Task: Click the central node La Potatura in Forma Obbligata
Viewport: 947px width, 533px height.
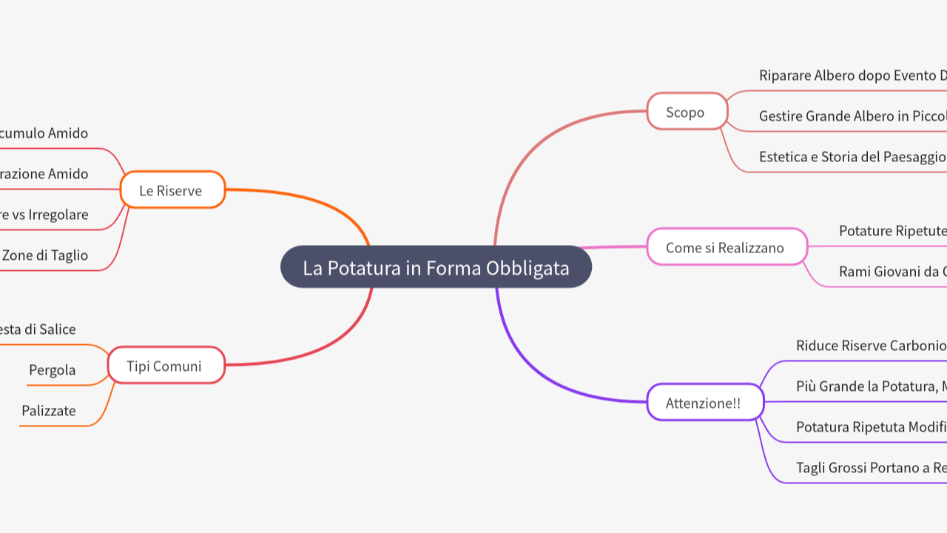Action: (436, 267)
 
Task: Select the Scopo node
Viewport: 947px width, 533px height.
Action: (687, 112)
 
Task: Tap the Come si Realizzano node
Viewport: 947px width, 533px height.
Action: (726, 247)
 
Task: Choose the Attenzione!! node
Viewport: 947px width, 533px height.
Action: (704, 403)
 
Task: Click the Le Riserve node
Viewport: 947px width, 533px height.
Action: (171, 190)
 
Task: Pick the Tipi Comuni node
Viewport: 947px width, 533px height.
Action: (164, 365)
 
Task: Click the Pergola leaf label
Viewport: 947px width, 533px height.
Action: (53, 369)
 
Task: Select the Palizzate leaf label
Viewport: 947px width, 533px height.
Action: (49, 410)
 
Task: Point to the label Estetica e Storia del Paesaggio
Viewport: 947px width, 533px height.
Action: (852, 156)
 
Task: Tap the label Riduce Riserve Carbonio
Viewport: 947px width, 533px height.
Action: (871, 345)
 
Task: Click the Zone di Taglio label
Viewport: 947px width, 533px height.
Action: (44, 255)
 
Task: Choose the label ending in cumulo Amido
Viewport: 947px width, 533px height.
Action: (44, 133)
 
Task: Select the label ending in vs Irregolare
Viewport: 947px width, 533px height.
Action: (44, 214)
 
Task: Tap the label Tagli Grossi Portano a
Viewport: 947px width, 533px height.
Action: (871, 467)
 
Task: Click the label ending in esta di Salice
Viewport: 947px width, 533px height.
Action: (38, 329)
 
